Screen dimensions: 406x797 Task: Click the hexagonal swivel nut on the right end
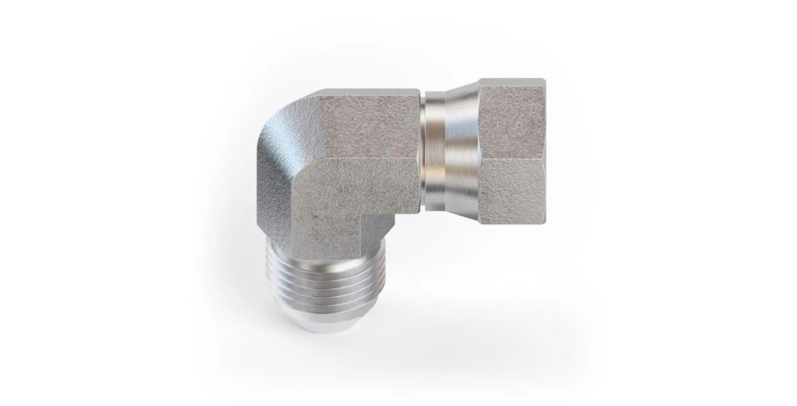pyautogui.click(x=511, y=152)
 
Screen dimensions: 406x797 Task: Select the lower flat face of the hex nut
pyautogui.click(x=511, y=188)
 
